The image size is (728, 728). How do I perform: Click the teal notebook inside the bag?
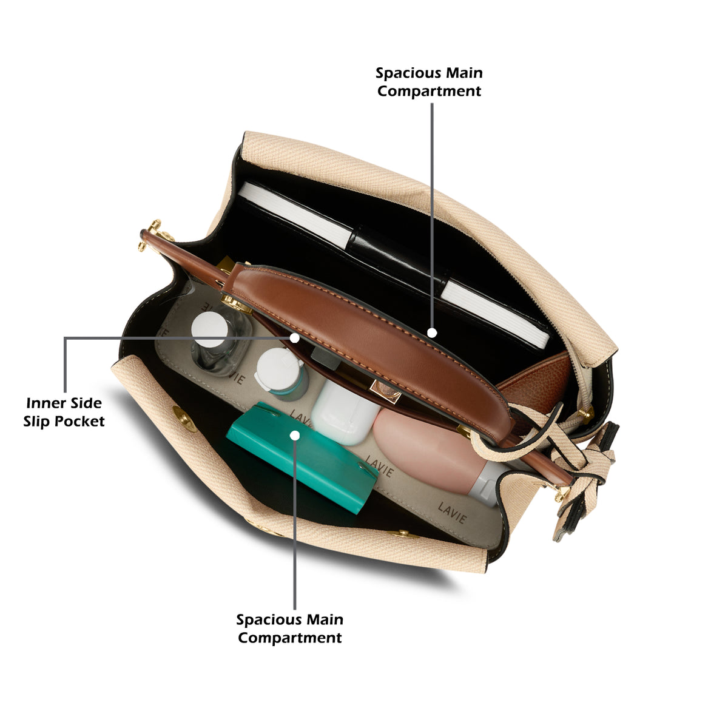(302, 458)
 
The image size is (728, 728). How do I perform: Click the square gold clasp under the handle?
(385, 391)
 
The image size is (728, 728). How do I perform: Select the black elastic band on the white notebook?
(397, 261)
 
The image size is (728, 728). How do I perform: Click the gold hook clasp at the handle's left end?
(153, 234)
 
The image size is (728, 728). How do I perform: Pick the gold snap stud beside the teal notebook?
(184, 418)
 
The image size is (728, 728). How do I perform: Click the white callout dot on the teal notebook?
(295, 436)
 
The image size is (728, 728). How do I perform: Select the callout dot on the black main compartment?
(432, 332)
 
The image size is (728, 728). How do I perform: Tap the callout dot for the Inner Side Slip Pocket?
(295, 337)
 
